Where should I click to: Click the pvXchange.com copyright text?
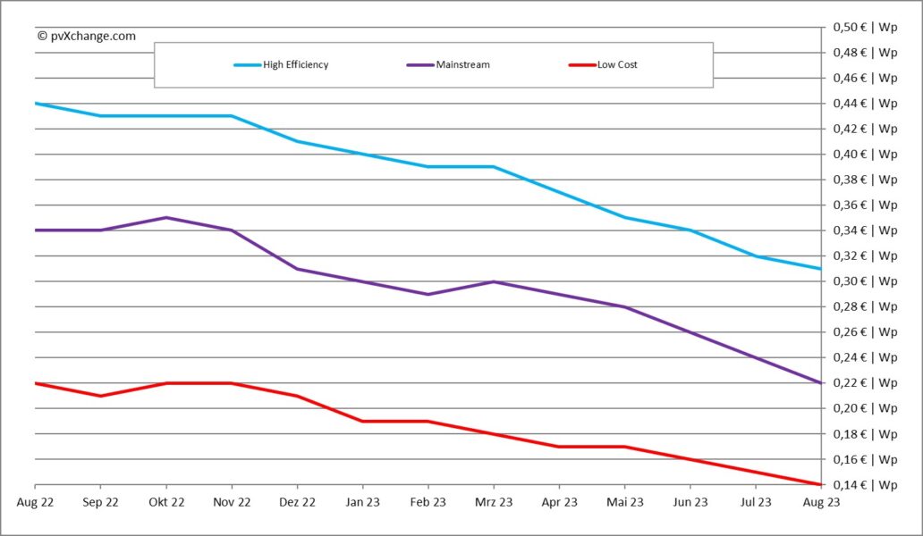(87, 36)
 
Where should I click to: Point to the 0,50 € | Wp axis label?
(865, 27)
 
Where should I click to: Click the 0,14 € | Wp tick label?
(865, 485)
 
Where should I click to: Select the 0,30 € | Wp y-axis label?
(865, 281)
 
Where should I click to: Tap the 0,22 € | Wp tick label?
(865, 383)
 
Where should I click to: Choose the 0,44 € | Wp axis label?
(865, 104)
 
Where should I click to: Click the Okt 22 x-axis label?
(165, 502)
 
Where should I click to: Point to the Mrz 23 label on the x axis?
(493, 502)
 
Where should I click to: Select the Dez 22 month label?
(297, 502)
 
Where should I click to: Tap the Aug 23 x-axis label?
(820, 502)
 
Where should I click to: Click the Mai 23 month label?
(624, 502)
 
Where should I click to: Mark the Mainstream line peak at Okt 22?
(165, 217)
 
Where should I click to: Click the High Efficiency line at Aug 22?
(36, 104)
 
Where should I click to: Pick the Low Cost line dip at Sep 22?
(100, 396)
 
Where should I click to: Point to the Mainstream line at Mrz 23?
(493, 281)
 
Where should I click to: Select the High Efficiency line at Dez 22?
(297, 141)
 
